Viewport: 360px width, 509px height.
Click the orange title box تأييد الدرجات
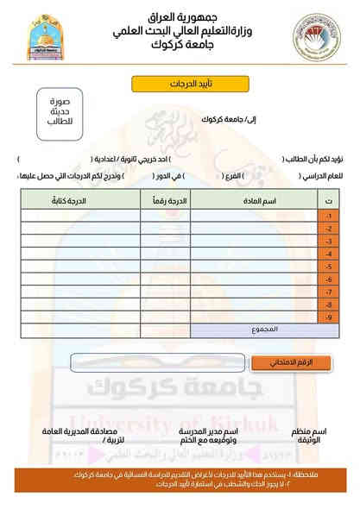click(x=180, y=85)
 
